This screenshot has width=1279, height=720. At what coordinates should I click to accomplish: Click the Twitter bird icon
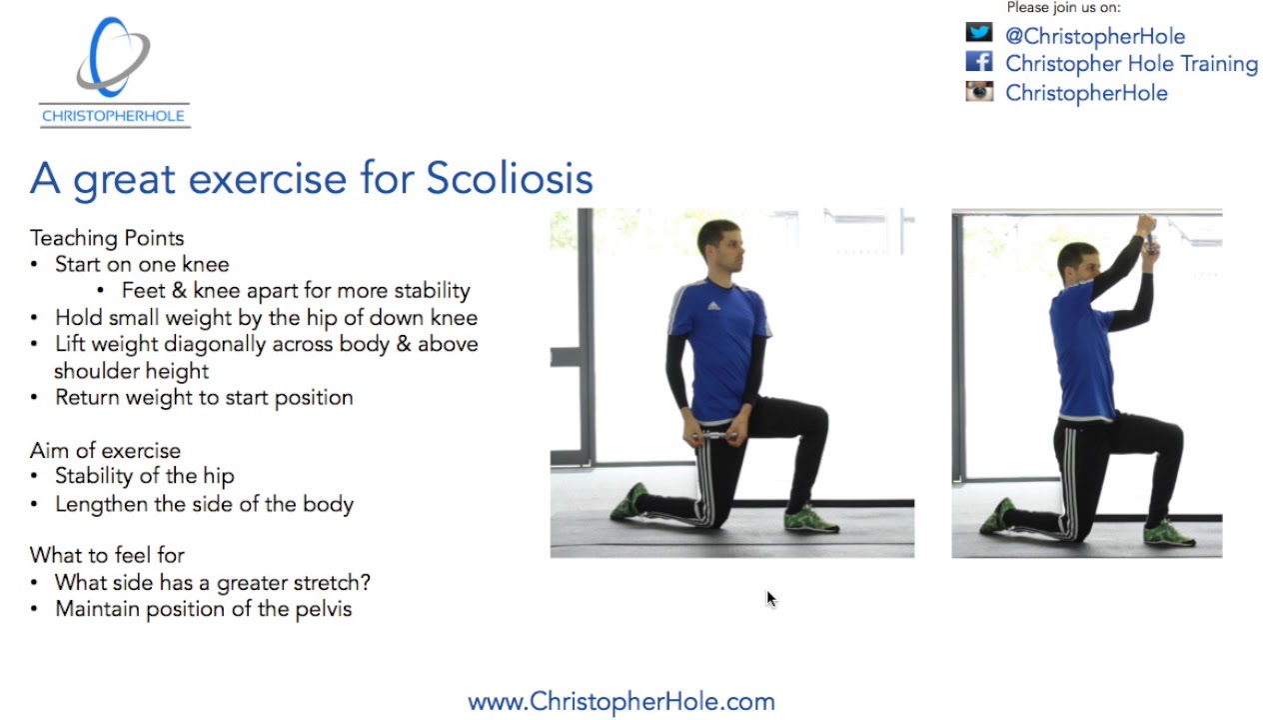tap(979, 33)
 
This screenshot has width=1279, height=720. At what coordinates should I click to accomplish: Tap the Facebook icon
tap(979, 62)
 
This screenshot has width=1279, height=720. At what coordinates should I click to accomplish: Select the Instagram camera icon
tap(979, 92)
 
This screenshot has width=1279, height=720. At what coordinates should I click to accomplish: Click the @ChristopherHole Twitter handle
tap(1094, 36)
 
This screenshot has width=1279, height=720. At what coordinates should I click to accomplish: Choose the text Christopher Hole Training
tap(1131, 64)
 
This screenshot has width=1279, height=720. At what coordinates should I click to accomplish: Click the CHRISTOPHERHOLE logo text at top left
tap(113, 116)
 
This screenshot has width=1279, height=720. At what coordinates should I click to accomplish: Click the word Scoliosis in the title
tap(510, 179)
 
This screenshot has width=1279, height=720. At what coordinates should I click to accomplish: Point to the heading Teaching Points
tap(107, 238)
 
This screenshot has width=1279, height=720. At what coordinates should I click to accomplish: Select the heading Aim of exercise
tap(105, 450)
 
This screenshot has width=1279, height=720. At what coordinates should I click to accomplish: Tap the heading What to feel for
tap(107, 555)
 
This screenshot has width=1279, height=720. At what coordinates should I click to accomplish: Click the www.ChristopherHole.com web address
tap(621, 701)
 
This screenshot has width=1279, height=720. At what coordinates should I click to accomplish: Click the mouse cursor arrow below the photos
tap(770, 598)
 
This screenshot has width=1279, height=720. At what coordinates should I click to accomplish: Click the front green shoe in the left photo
tap(809, 518)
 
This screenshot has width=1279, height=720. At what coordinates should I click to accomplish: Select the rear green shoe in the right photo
tap(997, 515)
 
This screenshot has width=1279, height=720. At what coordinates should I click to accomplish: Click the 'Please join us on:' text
tap(1063, 8)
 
